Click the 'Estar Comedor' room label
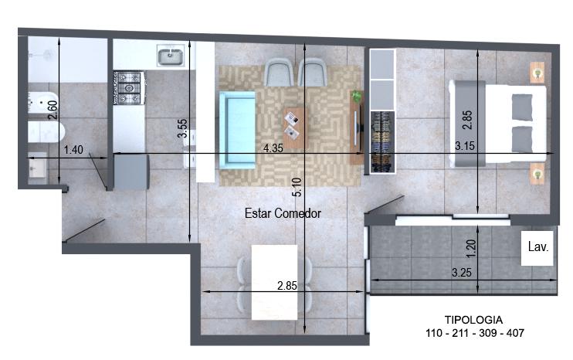[283, 213]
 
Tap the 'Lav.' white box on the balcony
[537, 248]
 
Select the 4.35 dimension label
[273, 148]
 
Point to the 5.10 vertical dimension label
[297, 187]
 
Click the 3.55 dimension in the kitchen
[182, 128]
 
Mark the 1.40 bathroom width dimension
[73, 149]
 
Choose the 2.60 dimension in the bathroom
[53, 110]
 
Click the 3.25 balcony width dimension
[462, 272]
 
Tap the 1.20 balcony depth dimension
[471, 249]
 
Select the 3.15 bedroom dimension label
[465, 146]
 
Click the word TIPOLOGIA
[473, 320]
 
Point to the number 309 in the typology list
[488, 333]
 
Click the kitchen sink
[171, 56]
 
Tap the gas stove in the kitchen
[128, 88]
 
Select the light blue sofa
[237, 130]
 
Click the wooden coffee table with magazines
[295, 128]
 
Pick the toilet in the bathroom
[46, 132]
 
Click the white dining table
[274, 283]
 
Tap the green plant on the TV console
[356, 97]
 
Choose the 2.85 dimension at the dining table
[286, 285]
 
